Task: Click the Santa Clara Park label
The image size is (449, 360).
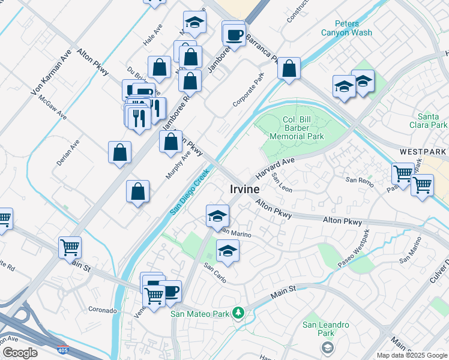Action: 432,121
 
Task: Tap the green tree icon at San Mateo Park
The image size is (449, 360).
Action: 238,313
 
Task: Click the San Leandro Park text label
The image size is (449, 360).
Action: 325,329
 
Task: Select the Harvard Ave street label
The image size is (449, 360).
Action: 276,169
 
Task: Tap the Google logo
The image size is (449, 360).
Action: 20,353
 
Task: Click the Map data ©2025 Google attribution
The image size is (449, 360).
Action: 412,355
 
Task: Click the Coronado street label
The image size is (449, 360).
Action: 102,310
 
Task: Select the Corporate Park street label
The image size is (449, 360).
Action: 249,89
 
